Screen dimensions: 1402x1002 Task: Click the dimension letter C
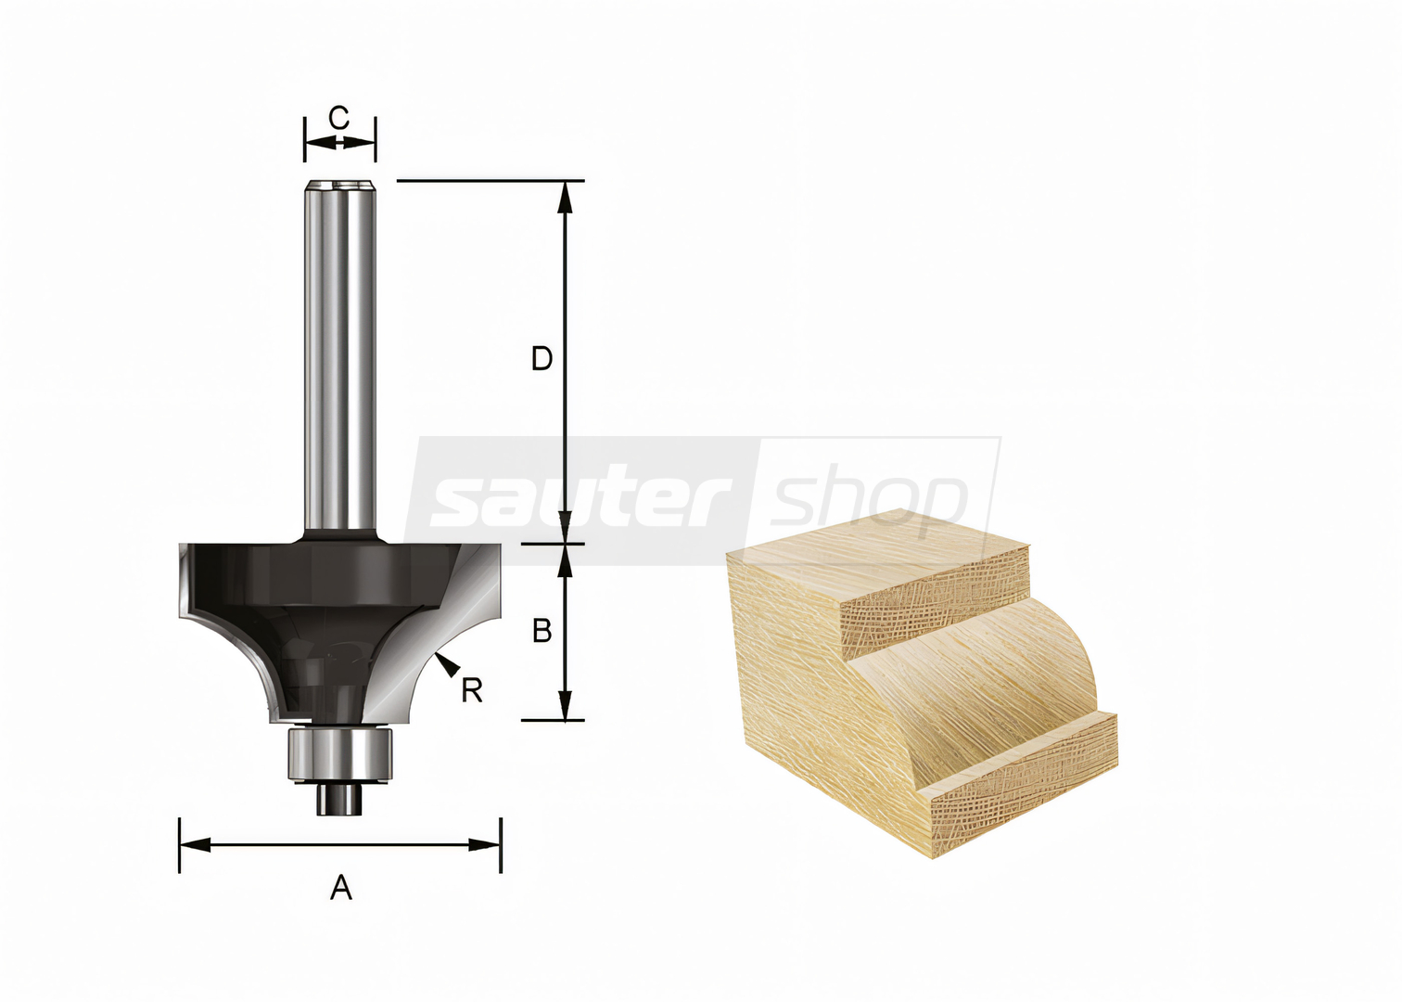pos(338,118)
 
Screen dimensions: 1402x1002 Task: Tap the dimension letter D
pos(542,359)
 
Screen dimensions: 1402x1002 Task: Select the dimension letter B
pos(542,631)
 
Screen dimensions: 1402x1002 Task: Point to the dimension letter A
pos(340,888)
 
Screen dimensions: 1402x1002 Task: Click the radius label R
pos(472,691)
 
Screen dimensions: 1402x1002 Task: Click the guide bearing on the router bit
pos(340,753)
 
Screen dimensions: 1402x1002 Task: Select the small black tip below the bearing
pos(340,799)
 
